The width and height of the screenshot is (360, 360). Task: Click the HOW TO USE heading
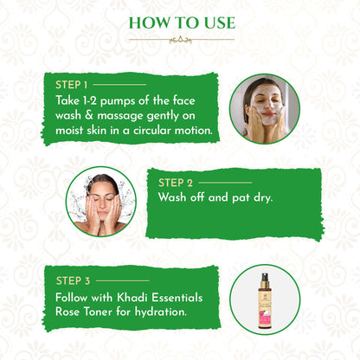tap(179, 21)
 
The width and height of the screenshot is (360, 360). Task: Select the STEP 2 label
tap(176, 183)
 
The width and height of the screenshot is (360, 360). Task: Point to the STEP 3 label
tap(73, 280)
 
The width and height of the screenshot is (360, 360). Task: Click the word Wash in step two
tap(175, 197)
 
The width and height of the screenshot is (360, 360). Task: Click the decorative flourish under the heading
tap(180, 39)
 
